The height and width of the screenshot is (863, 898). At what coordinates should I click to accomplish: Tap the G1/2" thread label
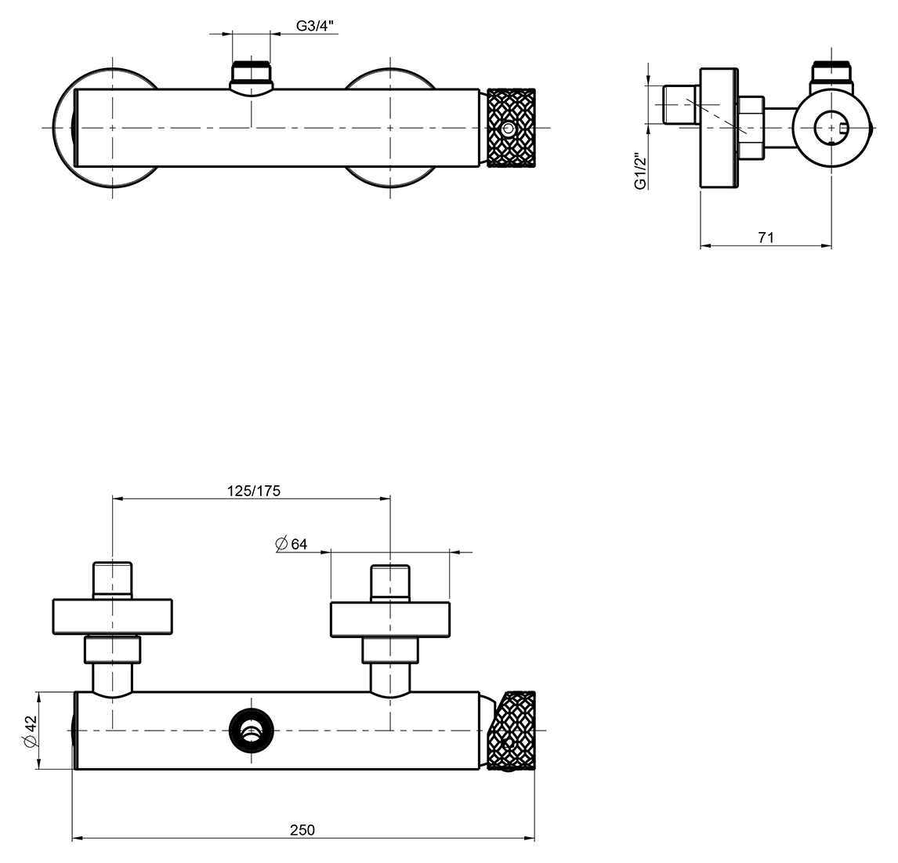pos(640,170)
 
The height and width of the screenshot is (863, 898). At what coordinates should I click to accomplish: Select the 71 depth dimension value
pos(766,238)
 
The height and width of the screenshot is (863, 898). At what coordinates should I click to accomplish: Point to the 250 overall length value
pos(302,829)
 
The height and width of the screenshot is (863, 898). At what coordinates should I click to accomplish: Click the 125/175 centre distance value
pos(254,491)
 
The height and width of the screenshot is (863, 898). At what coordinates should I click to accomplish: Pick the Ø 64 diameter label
pos(291,544)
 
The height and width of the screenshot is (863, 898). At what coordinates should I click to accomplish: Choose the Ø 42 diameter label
pos(31,731)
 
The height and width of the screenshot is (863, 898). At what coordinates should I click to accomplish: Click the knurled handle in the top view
pos(511,128)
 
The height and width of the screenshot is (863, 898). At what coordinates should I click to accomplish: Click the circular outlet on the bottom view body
pos(251,731)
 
